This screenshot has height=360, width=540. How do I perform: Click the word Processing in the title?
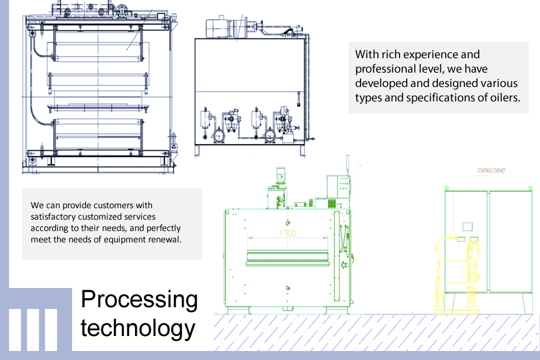139,300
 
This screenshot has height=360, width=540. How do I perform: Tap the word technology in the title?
138,329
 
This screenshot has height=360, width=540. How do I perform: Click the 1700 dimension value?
287,233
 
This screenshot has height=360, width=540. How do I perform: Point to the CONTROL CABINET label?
491,171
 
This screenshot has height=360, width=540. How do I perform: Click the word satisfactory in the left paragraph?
52,217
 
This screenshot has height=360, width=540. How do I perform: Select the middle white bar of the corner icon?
33,329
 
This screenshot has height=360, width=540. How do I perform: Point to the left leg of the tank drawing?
198,151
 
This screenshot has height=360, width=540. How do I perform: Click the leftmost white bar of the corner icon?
15,329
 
